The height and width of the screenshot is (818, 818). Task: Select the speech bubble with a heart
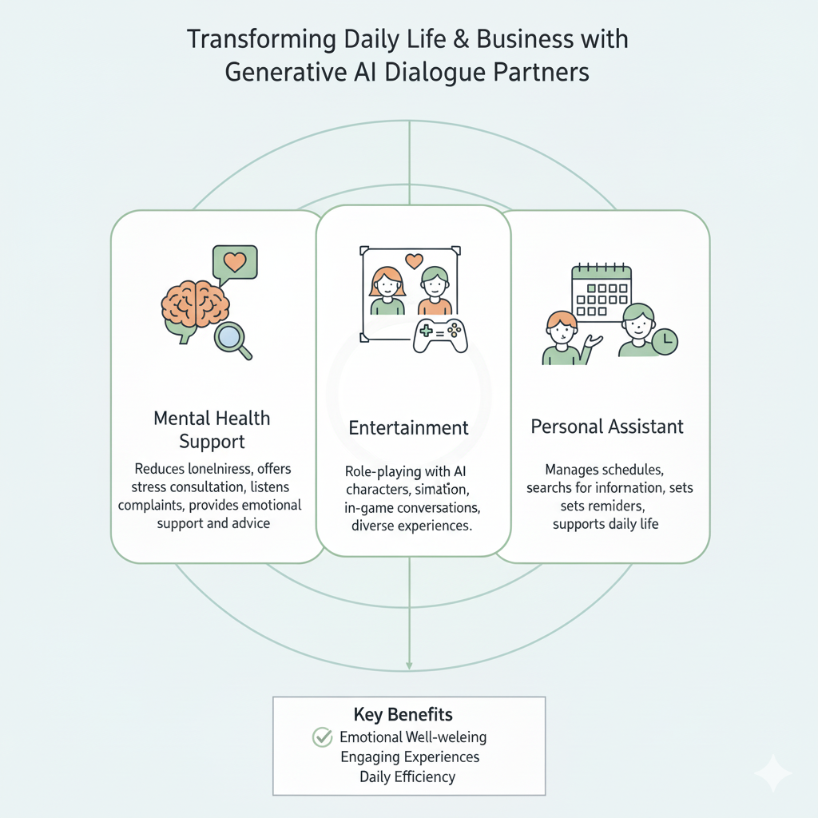(x=234, y=263)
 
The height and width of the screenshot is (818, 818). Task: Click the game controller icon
(x=440, y=336)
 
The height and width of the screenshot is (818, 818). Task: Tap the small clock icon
(x=665, y=342)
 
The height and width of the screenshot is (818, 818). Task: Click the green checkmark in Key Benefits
(x=322, y=737)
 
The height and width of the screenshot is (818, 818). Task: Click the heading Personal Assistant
(x=607, y=427)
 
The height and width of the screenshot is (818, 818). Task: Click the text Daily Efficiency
(x=407, y=776)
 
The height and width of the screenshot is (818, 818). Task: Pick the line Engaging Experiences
(x=410, y=756)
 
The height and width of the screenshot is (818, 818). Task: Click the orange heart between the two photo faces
(x=413, y=260)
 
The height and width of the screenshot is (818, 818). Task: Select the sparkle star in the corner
(x=773, y=772)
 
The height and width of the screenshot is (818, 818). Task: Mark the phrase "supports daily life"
(x=606, y=525)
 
